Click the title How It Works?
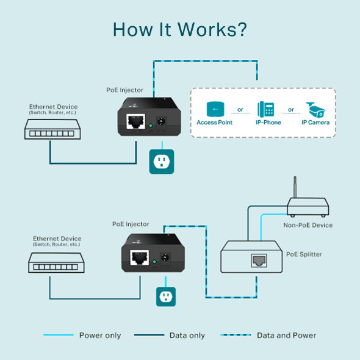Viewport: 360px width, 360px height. coord(180,30)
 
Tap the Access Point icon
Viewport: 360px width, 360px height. coord(214,109)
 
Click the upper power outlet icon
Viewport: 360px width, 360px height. coord(162,162)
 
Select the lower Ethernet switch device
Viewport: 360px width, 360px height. coord(56,264)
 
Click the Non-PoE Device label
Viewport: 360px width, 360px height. coord(308,225)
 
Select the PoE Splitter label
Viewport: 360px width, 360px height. coord(304,254)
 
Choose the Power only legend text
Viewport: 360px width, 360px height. coord(100,335)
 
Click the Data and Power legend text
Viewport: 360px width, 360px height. coord(286,335)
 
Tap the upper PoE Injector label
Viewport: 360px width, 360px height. coord(124,90)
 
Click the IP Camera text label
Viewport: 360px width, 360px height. coord(315,123)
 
